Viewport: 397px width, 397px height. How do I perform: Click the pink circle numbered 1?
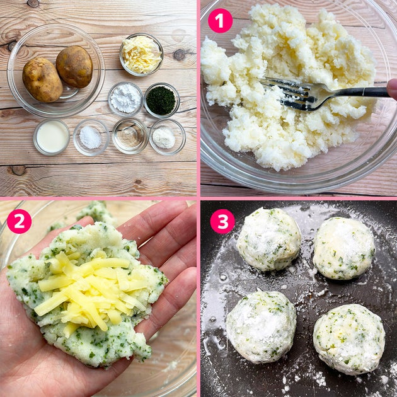(220, 21)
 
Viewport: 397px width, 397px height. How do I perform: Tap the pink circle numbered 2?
(20, 221)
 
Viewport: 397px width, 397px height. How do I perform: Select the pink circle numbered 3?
(222, 221)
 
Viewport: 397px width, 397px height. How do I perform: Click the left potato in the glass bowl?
(42, 80)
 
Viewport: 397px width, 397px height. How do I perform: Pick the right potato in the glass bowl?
(74, 67)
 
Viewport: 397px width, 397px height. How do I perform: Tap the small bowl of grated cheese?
(141, 55)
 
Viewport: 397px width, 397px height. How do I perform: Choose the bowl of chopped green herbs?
(161, 101)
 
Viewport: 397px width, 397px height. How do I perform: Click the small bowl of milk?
(52, 137)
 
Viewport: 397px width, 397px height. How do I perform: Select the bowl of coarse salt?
(91, 137)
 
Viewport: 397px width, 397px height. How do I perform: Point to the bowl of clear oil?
(130, 136)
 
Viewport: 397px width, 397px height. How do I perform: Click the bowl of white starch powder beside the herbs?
(125, 99)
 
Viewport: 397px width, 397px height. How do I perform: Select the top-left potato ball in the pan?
(268, 239)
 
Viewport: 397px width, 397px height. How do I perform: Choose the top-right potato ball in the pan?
(343, 248)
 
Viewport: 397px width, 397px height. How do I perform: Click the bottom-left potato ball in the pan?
(262, 327)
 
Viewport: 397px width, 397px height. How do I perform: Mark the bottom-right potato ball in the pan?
(349, 339)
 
